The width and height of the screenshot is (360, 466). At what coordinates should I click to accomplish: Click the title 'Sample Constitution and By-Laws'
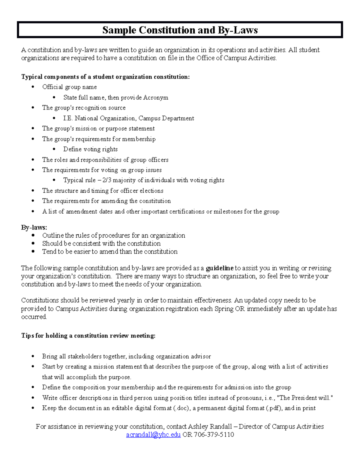tap(180, 30)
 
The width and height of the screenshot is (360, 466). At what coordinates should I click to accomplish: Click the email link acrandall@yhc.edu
tap(153, 434)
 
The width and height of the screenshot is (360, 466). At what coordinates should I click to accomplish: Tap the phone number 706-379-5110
tap(214, 434)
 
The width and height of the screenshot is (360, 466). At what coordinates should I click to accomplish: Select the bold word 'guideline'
tap(219, 268)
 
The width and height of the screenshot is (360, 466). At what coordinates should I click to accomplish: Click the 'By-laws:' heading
tap(34, 227)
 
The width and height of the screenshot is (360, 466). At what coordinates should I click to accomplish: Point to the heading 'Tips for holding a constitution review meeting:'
tap(88, 335)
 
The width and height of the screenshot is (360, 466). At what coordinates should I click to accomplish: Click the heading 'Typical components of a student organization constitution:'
tap(105, 77)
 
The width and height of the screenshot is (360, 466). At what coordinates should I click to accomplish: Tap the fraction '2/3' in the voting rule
tap(107, 180)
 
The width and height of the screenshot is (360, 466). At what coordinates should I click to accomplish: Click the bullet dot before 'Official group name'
tap(33, 87)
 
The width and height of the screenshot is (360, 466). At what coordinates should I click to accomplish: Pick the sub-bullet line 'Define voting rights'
tap(90, 149)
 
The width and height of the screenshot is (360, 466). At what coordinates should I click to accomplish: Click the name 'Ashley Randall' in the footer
tap(210, 426)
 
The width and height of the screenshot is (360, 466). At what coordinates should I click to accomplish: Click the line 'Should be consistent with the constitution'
tap(101, 243)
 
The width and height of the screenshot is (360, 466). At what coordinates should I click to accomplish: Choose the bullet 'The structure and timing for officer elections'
tap(103, 191)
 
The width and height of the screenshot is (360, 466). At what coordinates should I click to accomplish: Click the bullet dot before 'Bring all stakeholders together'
tap(33, 356)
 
